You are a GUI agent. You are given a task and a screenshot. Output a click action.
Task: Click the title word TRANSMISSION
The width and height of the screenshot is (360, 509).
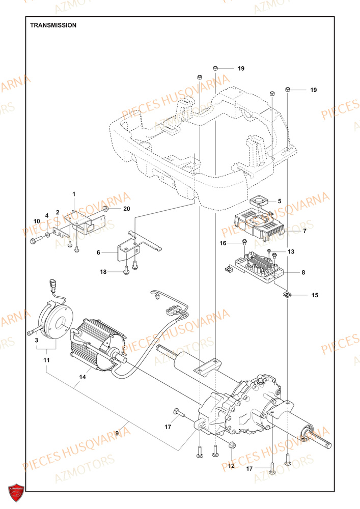click(53, 25)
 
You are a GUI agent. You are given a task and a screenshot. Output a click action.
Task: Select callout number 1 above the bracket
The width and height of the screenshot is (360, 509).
click(73, 194)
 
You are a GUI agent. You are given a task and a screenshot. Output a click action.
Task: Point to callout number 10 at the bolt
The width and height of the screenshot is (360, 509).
click(37, 220)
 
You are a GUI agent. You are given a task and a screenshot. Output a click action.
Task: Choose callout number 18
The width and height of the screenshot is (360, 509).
click(103, 272)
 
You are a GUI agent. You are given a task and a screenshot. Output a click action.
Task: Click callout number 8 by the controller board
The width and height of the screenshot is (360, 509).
click(303, 273)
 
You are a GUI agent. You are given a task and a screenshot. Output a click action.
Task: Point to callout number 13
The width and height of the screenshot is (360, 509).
click(291, 251)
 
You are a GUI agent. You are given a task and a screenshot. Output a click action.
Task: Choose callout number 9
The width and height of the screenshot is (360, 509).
click(117, 433)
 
